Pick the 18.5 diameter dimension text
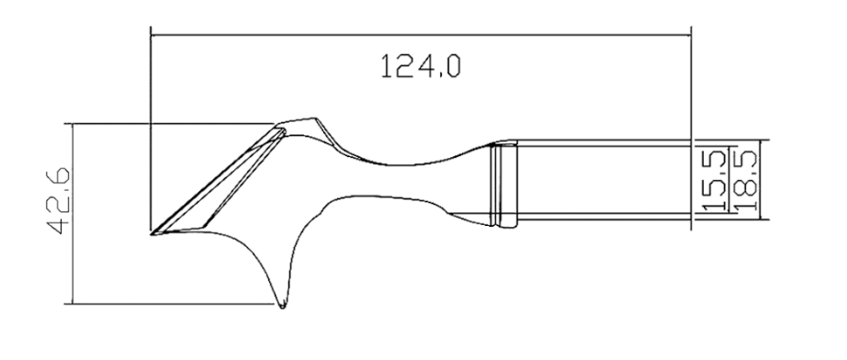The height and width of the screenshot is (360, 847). pyautogui.click(x=743, y=181)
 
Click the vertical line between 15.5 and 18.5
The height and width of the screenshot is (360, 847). pyautogui.click(x=729, y=181)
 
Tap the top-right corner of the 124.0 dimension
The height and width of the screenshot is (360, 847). pyautogui.click(x=690, y=36)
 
